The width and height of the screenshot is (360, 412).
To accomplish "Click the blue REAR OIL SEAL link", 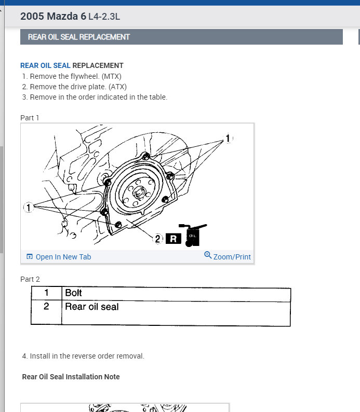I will tap(45, 65).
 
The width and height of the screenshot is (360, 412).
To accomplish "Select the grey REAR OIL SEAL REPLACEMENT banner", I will tap(181, 37).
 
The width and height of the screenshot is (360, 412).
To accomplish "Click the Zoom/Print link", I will tap(232, 257).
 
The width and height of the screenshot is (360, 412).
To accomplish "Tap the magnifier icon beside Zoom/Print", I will tap(208, 255).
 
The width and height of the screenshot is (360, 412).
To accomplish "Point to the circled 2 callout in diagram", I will tap(158, 239).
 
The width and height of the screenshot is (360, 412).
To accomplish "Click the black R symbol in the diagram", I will tap(173, 239).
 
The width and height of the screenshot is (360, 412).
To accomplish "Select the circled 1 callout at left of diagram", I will tap(28, 208).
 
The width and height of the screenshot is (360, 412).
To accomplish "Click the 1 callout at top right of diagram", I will tap(227, 139).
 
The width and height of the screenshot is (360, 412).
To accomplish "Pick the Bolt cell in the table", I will tap(73, 293).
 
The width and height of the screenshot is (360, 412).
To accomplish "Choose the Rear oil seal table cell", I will tap(91, 307).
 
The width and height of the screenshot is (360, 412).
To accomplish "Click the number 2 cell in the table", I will tap(46, 307).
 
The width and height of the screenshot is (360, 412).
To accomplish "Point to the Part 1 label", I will tap(30, 118).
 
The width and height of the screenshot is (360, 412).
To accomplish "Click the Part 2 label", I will tap(30, 279).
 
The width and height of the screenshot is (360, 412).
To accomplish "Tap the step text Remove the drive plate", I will tap(78, 87).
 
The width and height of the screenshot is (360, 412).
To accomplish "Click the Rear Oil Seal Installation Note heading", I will tap(71, 377).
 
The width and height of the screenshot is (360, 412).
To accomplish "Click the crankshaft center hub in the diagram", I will tap(139, 193).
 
